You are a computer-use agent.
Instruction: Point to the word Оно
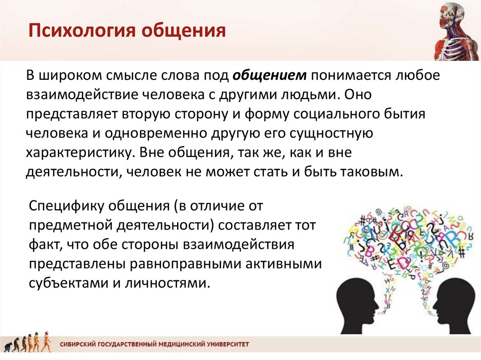pyautogui.click(x=357, y=94)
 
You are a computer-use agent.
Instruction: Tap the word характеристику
pyautogui.click(x=81, y=153)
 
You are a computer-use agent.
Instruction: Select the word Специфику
pyautogui.click(x=67, y=206)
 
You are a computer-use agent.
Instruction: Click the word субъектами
pyautogui.click(x=69, y=283)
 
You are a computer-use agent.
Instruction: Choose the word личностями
pyautogui.click(x=168, y=283)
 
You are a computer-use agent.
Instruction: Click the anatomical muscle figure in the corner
pyautogui.click(x=457, y=30)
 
